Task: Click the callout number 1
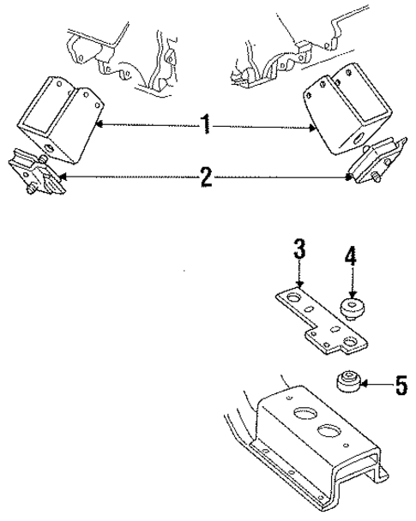pyautogui.click(x=206, y=127)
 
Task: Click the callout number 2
pyautogui.click(x=206, y=179)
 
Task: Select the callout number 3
pyautogui.click(x=298, y=250)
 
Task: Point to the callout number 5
pyautogui.click(x=399, y=386)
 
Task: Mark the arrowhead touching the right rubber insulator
pyautogui.click(x=350, y=178)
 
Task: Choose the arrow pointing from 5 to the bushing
pyautogui.click(x=375, y=385)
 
